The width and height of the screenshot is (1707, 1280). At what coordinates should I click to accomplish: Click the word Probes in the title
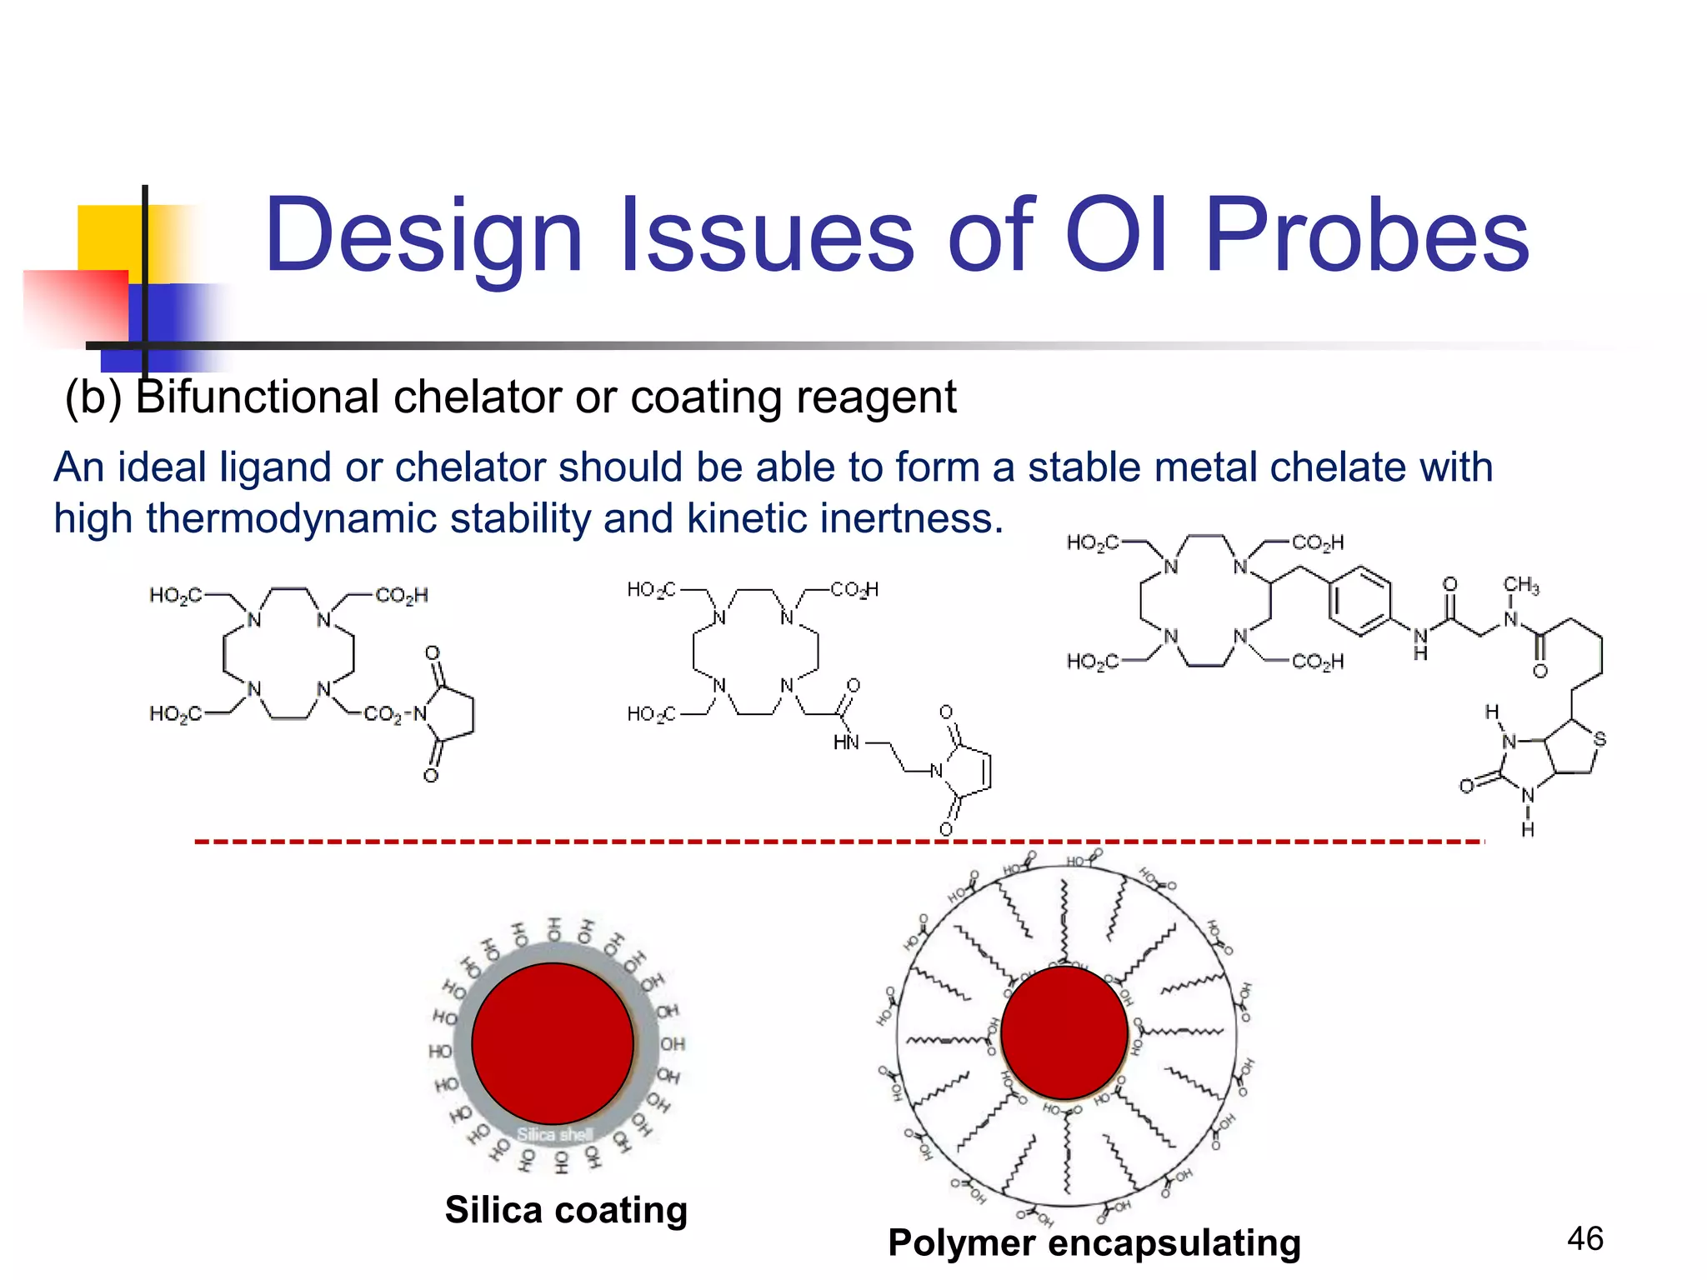click(1367, 236)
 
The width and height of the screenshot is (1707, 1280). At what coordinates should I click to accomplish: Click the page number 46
click(1584, 1239)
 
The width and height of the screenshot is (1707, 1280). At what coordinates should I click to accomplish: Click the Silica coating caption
click(566, 1210)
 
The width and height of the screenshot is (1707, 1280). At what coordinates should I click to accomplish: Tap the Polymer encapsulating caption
click(1094, 1242)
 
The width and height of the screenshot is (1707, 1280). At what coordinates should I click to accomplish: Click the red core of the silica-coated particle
click(553, 1043)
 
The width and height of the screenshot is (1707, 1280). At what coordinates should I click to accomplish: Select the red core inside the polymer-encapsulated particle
click(1064, 1032)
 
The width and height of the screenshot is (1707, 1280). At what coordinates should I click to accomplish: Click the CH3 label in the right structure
click(1521, 585)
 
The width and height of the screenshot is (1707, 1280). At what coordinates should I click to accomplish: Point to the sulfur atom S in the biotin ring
click(1599, 738)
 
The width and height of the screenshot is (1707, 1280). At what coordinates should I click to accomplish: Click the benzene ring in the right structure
click(1360, 601)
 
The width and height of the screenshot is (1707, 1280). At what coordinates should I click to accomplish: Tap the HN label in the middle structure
click(845, 742)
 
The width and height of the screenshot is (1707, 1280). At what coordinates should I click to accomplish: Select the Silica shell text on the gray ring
click(554, 1134)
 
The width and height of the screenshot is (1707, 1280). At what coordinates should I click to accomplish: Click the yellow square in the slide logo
click(108, 237)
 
